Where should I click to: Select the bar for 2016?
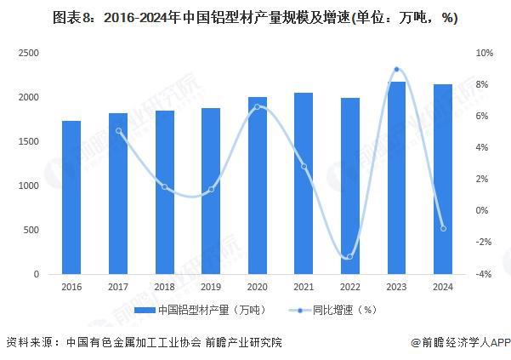tap(72, 197)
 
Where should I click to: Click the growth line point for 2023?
tap(396, 70)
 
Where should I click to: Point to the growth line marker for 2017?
tap(119, 131)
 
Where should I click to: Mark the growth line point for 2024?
tap(442, 228)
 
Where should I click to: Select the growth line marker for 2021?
tap(304, 167)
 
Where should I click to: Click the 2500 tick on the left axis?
tap(29, 53)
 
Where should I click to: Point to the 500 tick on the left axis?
tap(32, 231)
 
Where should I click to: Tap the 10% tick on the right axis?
tap(484, 53)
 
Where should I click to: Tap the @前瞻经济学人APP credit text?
tap(459, 343)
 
